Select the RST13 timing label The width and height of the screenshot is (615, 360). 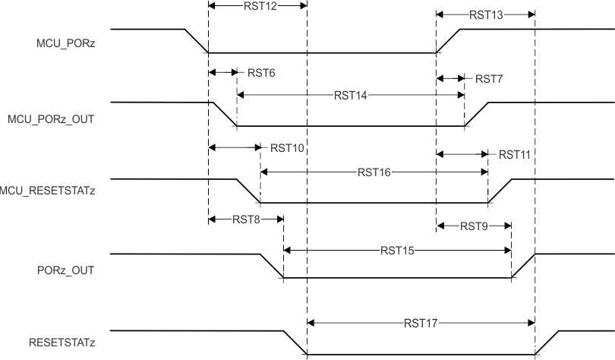(x=486, y=14)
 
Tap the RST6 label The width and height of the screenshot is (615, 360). (x=261, y=74)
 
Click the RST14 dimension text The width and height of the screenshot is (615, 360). (x=351, y=96)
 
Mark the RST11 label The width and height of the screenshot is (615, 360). (x=514, y=153)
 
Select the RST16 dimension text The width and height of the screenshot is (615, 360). (x=374, y=172)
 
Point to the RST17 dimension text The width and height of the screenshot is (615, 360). (x=421, y=323)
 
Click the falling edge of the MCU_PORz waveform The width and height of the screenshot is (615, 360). (x=196, y=41)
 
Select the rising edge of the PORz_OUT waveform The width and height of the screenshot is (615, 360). (x=523, y=266)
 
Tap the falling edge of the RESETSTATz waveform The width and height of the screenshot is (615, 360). (x=295, y=343)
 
